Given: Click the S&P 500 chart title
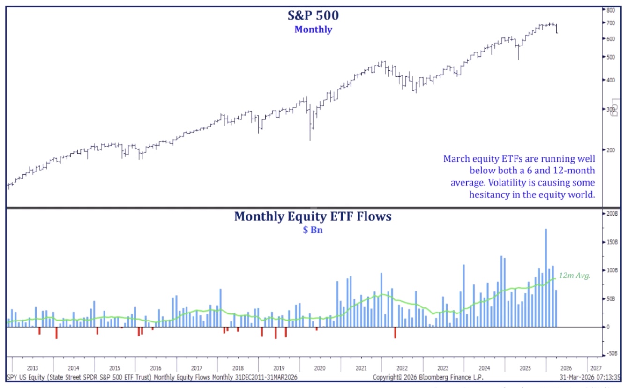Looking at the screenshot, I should point(313,15).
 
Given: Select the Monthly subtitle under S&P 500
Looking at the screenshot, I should point(313,30).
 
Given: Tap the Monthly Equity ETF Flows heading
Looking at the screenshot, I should point(313,216).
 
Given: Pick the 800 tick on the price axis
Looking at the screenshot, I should point(611,10).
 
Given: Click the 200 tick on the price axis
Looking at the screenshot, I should point(611,150).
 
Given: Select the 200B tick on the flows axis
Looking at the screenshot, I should point(612,213).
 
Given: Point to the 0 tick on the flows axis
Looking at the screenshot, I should point(608,327).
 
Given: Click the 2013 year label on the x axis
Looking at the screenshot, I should point(33,368).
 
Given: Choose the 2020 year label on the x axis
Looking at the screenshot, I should point(320,368).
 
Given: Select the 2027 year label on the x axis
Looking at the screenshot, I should point(597,368).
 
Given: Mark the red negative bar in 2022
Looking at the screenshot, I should point(395,332).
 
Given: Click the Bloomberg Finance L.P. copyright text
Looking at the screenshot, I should point(428,377).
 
